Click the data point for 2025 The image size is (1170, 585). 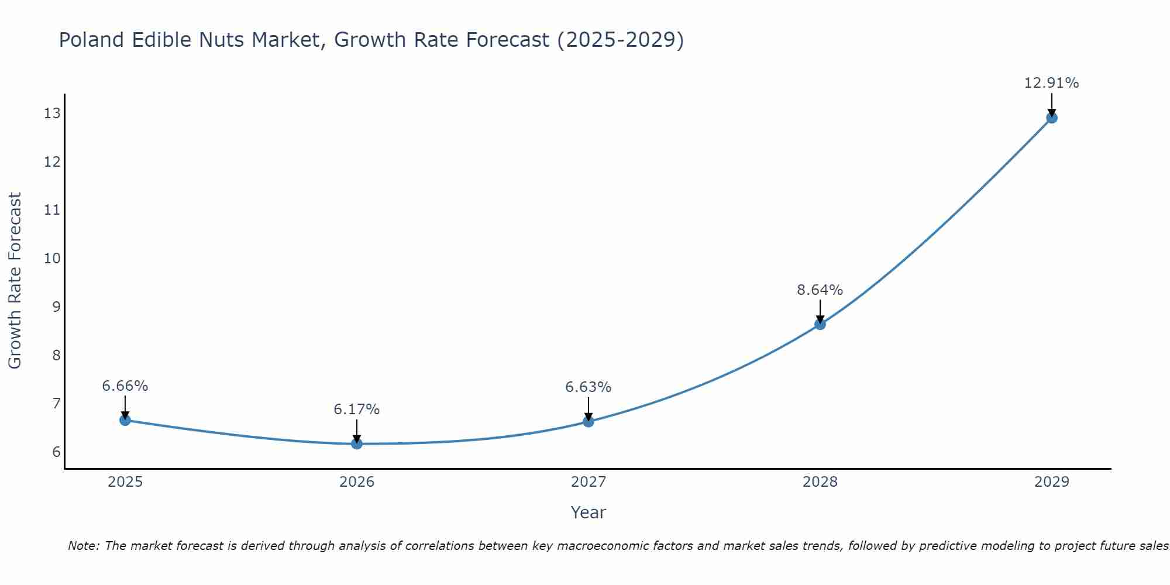[125, 419]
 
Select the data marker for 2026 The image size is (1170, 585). [356, 443]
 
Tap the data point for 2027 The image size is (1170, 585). [588, 421]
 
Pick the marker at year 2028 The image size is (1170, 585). [820, 324]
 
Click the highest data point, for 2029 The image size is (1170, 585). [1051, 118]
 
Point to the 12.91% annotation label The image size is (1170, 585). [1051, 83]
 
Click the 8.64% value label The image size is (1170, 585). [820, 290]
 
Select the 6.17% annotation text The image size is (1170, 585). [356, 409]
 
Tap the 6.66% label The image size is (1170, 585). [125, 386]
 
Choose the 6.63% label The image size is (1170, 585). [588, 387]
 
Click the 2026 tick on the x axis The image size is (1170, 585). [356, 482]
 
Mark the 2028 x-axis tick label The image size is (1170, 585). [820, 482]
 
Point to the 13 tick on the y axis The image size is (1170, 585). [52, 113]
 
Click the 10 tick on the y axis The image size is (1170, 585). [52, 258]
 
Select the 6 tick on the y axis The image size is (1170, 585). [56, 452]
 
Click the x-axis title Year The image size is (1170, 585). [588, 512]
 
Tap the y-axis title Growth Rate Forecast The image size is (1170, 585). [15, 281]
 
